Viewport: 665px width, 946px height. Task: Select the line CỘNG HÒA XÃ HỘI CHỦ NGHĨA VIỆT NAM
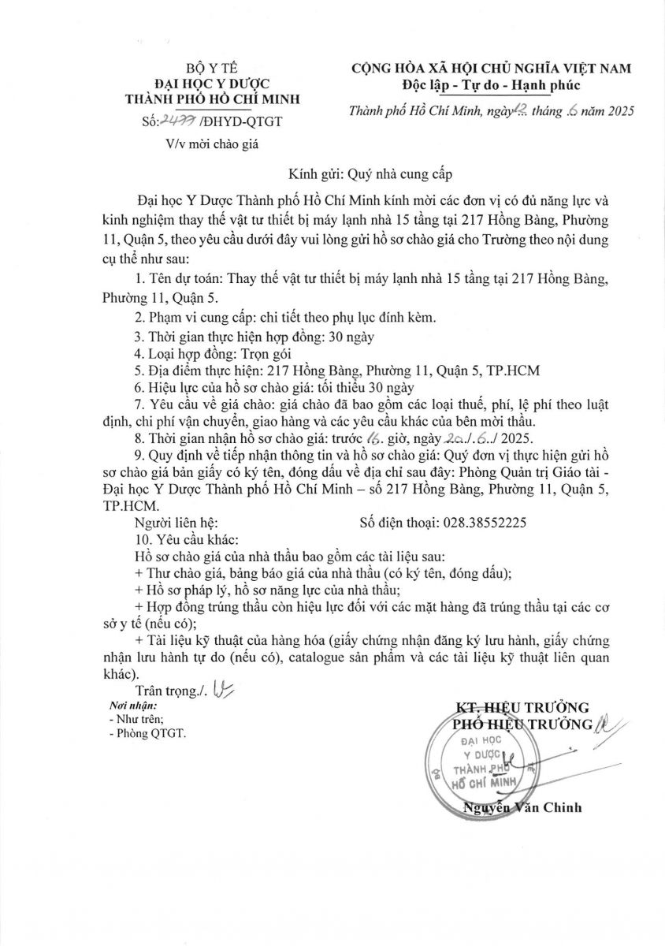491,69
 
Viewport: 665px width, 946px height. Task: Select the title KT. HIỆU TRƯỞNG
522,707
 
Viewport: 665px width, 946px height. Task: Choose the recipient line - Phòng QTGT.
147,733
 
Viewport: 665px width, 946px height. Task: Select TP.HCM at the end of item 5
513,370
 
